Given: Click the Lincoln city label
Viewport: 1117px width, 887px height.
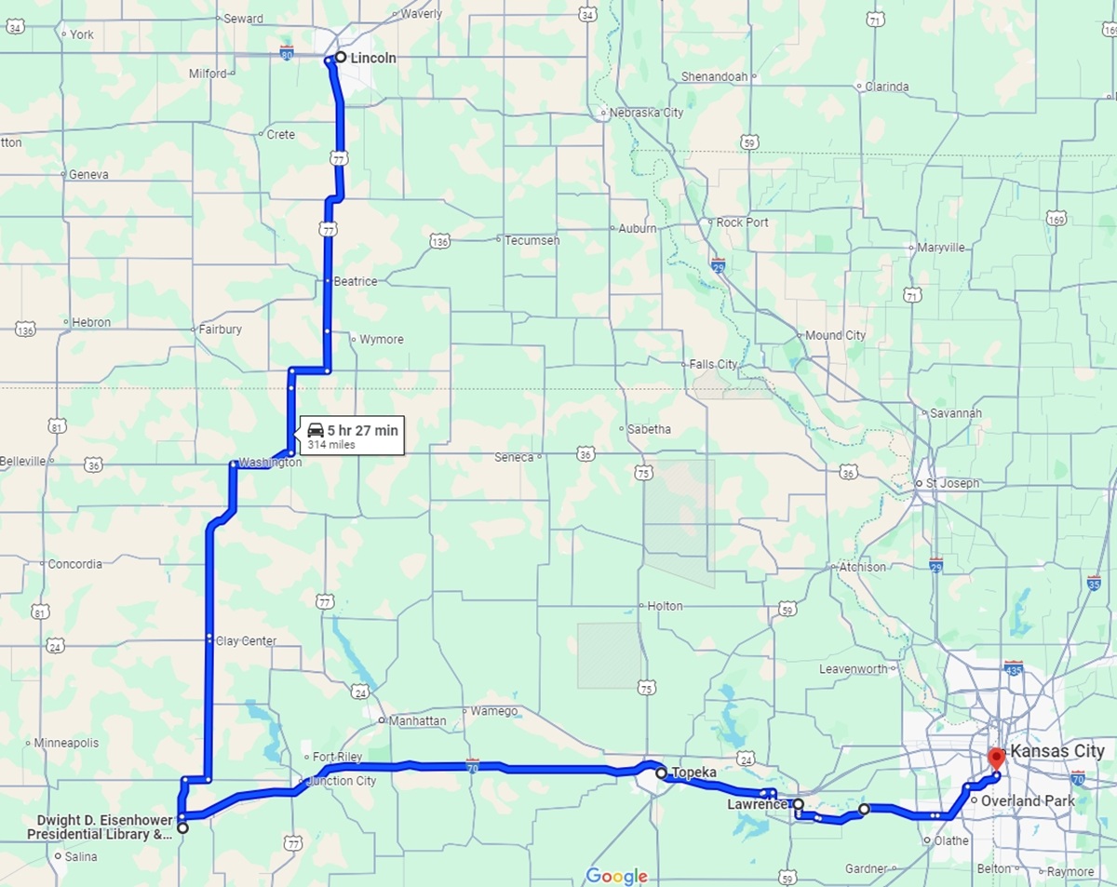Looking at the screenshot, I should point(372,58).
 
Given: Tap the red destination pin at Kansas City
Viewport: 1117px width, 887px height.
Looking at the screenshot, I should point(995,757).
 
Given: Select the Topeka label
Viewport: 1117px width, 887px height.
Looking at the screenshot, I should point(693,773).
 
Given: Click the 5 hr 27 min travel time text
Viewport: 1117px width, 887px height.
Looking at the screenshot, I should point(362,430).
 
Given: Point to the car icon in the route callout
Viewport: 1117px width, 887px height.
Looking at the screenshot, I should point(316,430).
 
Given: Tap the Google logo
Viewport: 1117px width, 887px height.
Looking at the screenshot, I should point(616,876).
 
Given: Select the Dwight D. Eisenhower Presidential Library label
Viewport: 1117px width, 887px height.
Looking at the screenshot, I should point(104,827).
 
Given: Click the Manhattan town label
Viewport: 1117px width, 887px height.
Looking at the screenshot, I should point(417,720).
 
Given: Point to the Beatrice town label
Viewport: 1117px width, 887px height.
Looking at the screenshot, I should point(356,281).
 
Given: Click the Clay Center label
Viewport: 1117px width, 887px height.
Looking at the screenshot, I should point(246,640).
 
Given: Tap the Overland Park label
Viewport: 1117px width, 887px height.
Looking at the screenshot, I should point(1028,800).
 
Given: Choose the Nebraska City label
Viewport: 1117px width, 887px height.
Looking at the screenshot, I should point(647,113).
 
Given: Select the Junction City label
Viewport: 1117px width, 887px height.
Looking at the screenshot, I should point(341,781).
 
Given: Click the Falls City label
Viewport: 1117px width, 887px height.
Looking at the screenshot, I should point(713,364).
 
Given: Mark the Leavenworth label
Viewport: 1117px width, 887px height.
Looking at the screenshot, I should point(854,669).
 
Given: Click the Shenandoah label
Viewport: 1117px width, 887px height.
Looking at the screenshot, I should point(714,76).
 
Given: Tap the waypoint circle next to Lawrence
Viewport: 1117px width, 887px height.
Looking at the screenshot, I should point(799,803).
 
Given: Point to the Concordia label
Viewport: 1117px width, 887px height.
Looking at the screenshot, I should point(74,564).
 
